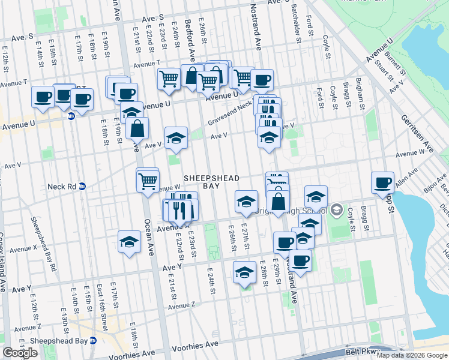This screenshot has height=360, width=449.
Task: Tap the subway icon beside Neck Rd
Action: point(83,187)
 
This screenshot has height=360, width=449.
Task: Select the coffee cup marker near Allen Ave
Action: point(382,183)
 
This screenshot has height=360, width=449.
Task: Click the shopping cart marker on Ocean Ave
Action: point(148,180)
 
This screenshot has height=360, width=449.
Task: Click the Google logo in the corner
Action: point(20,353)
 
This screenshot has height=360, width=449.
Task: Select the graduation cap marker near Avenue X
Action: point(129,242)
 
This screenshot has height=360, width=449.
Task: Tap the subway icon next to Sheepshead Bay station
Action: point(93,341)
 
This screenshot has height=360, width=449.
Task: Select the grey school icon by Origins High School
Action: point(336,211)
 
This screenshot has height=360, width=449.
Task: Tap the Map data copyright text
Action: point(412,355)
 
